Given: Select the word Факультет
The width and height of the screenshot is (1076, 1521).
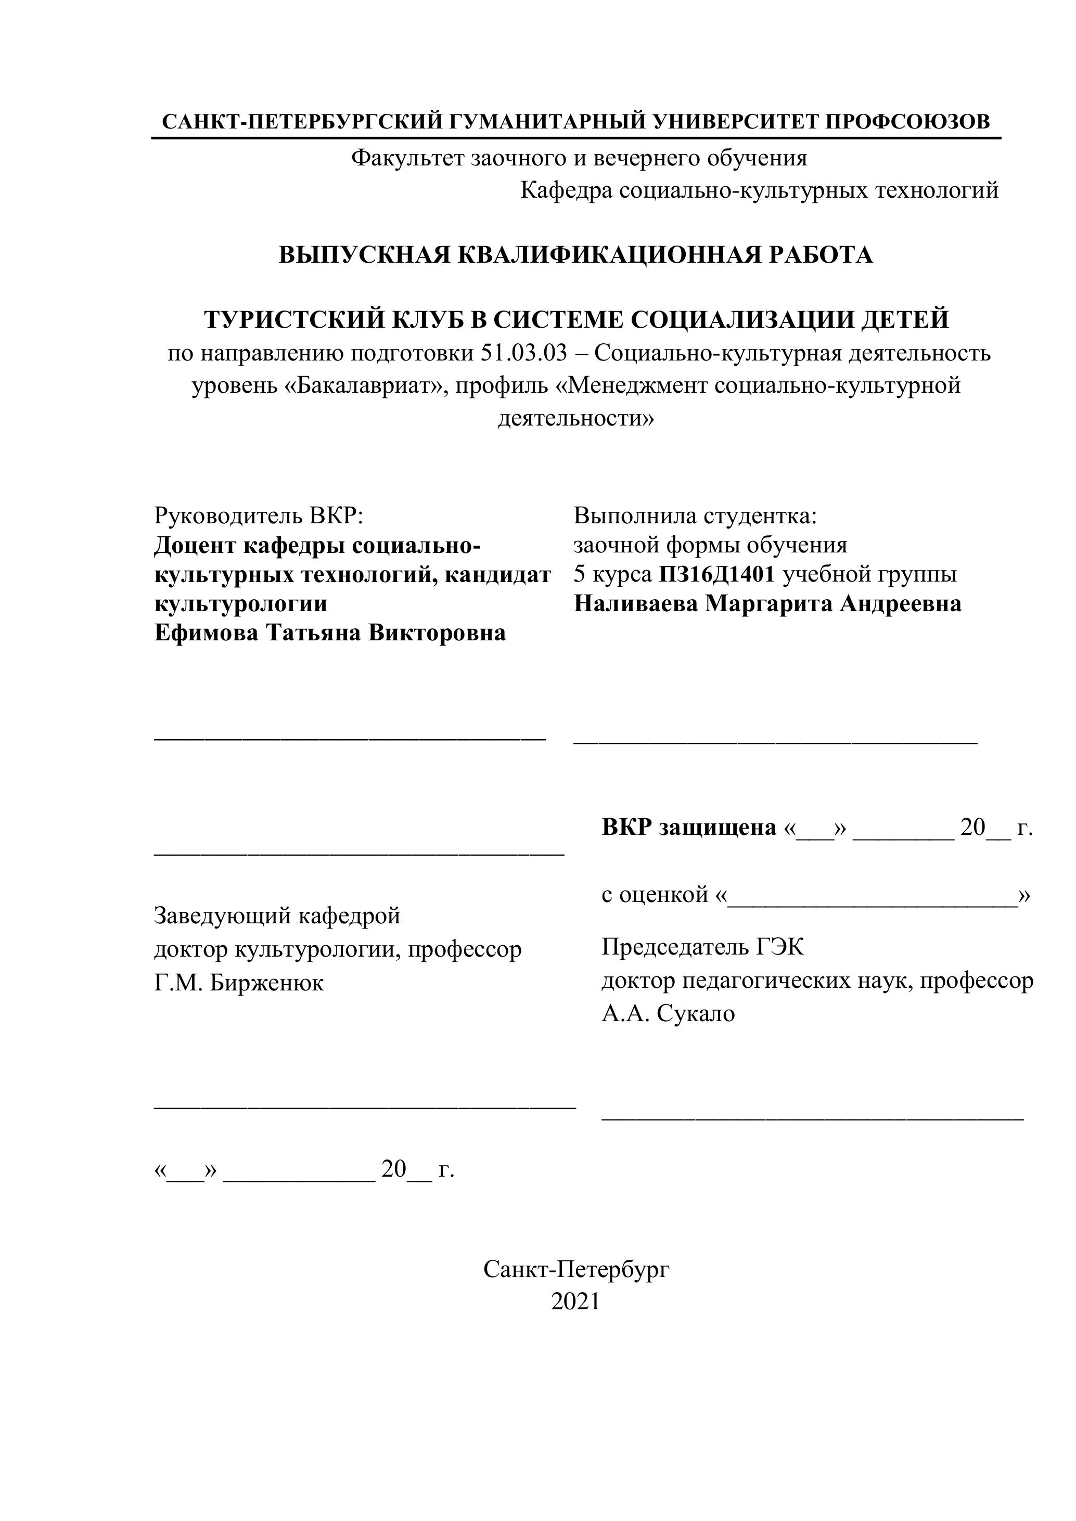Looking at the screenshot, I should (x=407, y=158).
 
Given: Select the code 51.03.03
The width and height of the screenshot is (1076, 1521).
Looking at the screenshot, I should (x=524, y=353).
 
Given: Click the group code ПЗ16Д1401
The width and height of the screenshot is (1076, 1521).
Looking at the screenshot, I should (x=716, y=574).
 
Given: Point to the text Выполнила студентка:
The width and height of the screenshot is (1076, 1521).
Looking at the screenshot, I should (x=695, y=515).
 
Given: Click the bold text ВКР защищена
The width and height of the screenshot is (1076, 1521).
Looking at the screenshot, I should (x=688, y=828).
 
